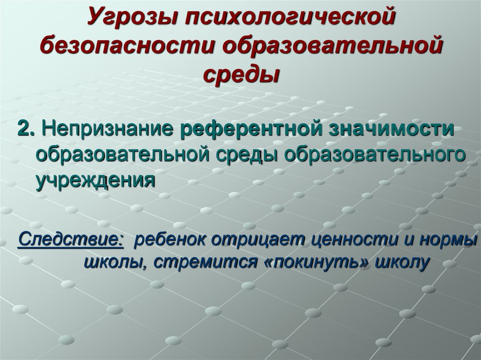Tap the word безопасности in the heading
point(123,46)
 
